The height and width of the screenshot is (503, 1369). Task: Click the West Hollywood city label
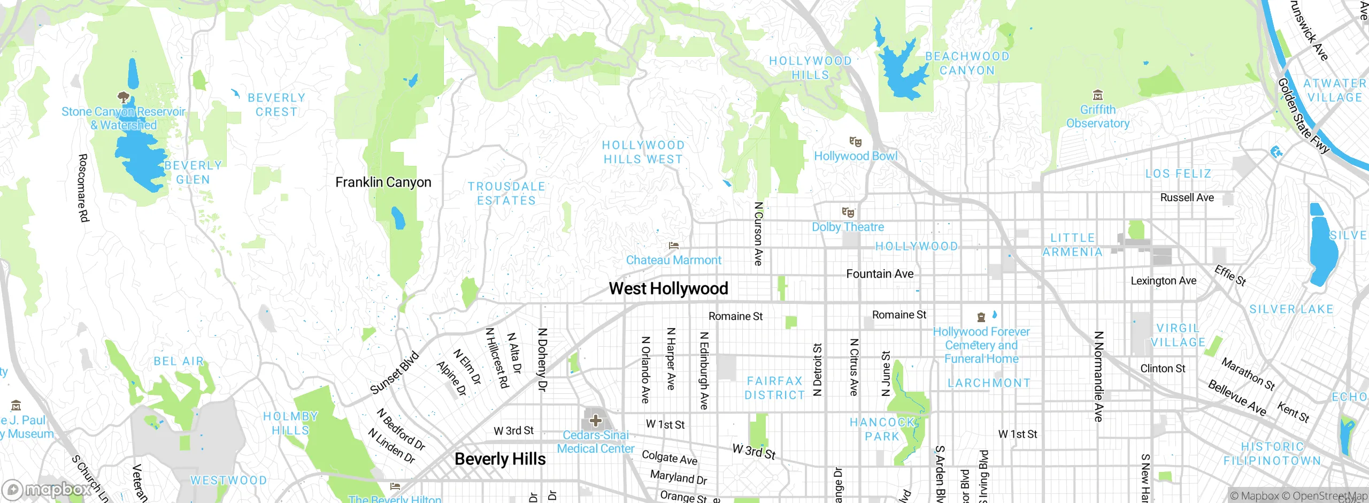click(668, 289)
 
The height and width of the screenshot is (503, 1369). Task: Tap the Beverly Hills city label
click(500, 459)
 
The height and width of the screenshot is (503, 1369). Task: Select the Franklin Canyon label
click(383, 182)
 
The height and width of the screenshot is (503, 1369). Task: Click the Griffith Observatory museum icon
click(1098, 96)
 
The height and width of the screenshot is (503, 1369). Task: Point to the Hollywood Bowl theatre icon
click(856, 142)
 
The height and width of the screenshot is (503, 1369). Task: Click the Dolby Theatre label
click(848, 227)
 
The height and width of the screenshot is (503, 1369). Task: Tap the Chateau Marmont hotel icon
click(674, 246)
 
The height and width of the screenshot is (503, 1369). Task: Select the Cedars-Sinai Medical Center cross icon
click(596, 421)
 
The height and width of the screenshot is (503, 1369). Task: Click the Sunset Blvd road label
click(394, 373)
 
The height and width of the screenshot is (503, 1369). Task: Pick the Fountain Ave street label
click(880, 274)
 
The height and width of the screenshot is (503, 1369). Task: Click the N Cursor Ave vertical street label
click(758, 233)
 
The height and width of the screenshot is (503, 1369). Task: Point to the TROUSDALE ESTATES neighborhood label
click(506, 194)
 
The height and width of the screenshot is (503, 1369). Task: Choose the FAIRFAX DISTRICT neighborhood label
click(774, 388)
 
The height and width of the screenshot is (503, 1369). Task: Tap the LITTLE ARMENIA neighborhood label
click(1072, 245)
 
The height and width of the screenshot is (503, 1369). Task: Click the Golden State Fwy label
click(1303, 117)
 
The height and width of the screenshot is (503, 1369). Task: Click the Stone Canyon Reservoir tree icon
click(124, 97)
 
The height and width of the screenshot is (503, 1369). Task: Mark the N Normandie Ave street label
click(1098, 376)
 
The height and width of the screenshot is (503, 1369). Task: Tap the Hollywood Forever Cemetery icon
click(981, 317)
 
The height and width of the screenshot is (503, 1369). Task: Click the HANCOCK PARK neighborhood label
click(882, 430)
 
